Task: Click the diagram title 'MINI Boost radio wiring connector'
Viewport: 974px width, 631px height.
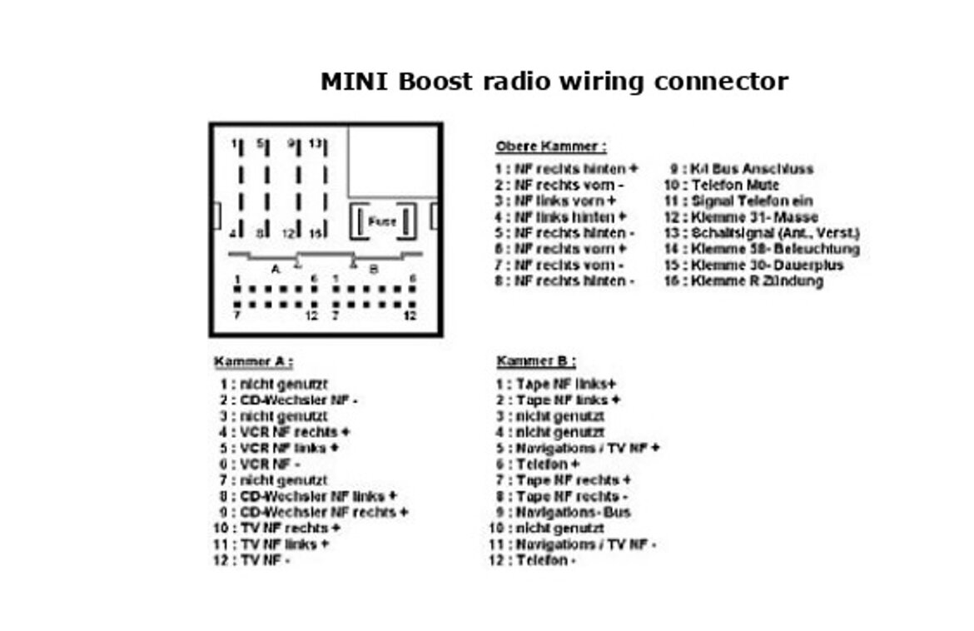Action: point(554,82)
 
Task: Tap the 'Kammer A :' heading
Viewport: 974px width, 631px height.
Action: point(253,362)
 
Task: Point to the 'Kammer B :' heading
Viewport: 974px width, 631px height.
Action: point(536,362)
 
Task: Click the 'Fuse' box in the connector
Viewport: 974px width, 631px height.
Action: point(382,222)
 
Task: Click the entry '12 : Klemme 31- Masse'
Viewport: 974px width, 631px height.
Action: point(741,217)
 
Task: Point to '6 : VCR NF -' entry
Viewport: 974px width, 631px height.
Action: point(261,465)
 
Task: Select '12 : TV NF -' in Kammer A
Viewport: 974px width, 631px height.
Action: point(252,560)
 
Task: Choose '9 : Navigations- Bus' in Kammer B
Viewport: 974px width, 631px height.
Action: point(564,513)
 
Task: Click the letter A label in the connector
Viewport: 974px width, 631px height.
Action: point(276,269)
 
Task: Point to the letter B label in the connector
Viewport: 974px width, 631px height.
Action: point(374,269)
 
